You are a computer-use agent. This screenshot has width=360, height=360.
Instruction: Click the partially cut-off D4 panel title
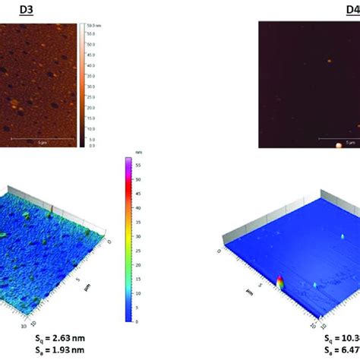(x=352, y=10)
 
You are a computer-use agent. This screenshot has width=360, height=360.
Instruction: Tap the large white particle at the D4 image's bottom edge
(x=339, y=144)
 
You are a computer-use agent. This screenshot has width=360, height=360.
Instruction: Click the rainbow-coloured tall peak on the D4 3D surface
(x=281, y=283)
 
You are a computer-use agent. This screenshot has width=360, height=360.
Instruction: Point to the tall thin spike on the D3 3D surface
(x=51, y=210)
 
